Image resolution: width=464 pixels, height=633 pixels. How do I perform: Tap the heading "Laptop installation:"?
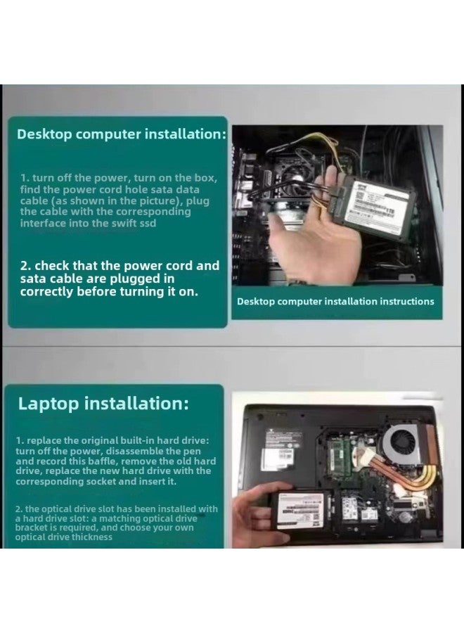(x=103, y=403)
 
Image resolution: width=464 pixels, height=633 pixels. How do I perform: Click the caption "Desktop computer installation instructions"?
(x=335, y=301)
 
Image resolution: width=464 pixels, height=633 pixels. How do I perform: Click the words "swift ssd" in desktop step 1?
(x=134, y=223)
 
